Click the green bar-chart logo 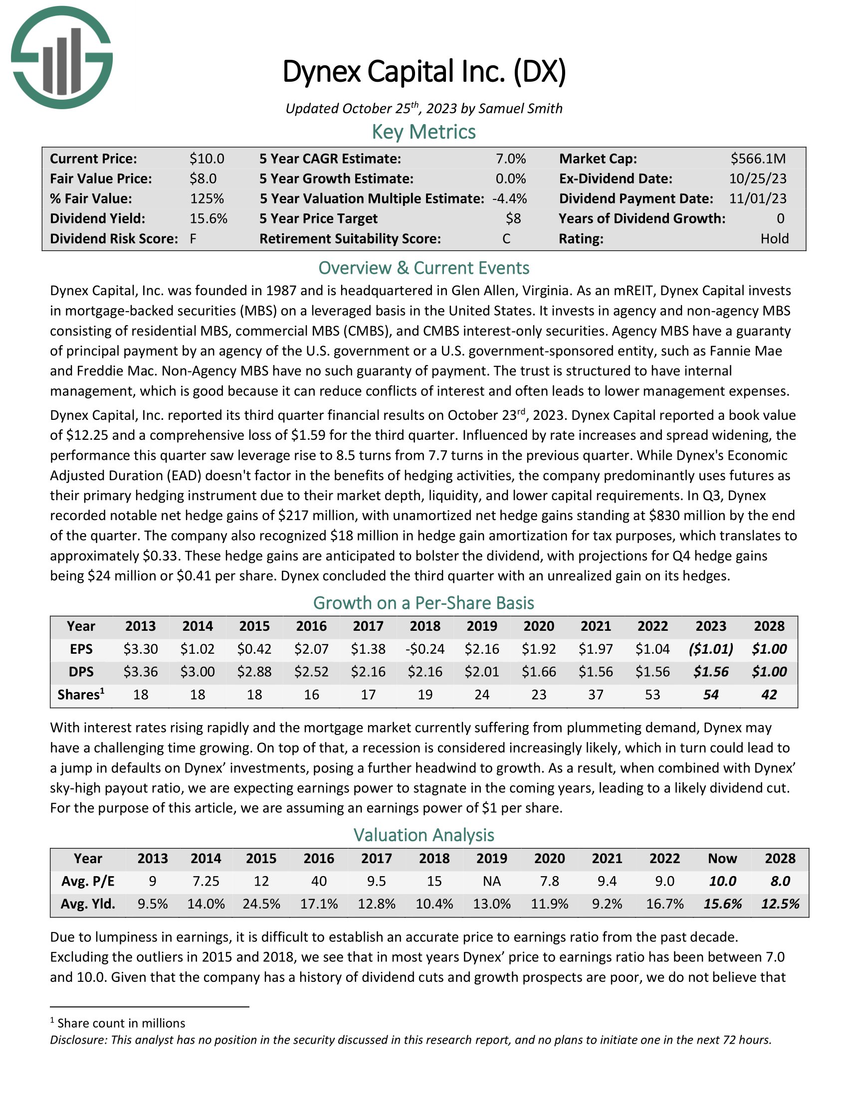coord(62,58)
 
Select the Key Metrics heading coord(424,132)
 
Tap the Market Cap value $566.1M coord(758,159)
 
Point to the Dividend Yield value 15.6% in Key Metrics coord(209,218)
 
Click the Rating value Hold coord(774,238)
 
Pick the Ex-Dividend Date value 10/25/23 coord(758,179)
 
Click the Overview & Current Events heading coord(424,268)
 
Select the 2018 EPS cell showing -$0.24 coord(424,649)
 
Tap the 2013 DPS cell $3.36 coord(141,672)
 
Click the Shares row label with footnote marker coord(81,695)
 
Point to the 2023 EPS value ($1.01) coord(710,649)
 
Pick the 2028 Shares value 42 coord(769,695)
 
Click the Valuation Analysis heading coord(424,835)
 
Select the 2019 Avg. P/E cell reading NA coord(491,881)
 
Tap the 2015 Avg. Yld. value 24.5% coord(261,904)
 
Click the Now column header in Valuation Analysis coord(722,859)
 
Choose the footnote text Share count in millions coord(121,1023)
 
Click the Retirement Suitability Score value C coord(506,238)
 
